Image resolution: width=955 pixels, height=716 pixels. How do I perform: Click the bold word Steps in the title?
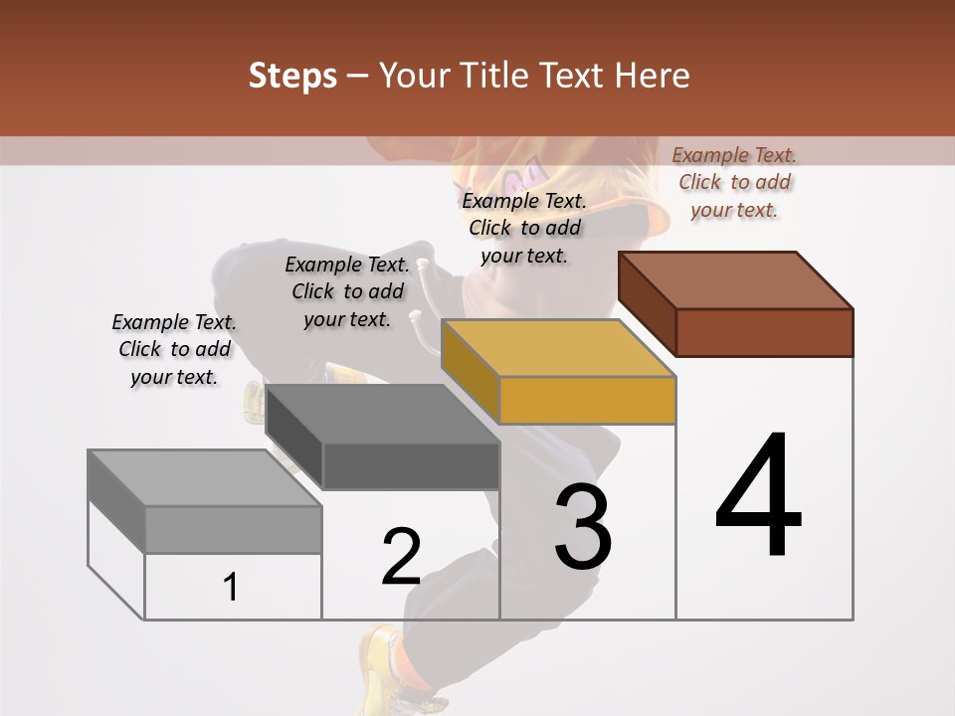point(292,76)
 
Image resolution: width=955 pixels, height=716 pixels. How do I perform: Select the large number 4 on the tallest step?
point(759,497)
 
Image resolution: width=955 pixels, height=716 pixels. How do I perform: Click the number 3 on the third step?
point(583,528)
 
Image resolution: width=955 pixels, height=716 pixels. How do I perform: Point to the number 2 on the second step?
point(402,557)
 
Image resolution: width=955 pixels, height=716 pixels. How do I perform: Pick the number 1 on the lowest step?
point(231,588)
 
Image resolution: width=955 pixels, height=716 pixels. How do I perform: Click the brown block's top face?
point(736,279)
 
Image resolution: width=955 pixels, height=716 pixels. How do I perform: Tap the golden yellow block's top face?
point(559,348)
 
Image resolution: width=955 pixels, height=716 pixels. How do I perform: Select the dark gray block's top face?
point(382,414)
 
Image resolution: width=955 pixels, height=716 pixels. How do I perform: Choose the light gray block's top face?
point(205,478)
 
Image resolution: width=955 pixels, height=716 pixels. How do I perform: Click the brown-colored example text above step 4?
point(734,182)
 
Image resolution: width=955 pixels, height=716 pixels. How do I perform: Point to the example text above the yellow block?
point(524,228)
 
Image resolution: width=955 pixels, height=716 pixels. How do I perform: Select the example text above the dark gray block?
point(347,291)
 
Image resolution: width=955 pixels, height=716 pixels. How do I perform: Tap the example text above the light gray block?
point(174,349)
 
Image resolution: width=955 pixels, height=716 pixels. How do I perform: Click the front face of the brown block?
point(764,332)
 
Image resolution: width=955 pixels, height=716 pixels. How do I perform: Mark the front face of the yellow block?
point(587,400)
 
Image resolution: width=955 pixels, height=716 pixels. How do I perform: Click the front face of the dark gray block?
point(410,465)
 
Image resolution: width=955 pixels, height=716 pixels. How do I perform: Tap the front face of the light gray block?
point(233,529)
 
